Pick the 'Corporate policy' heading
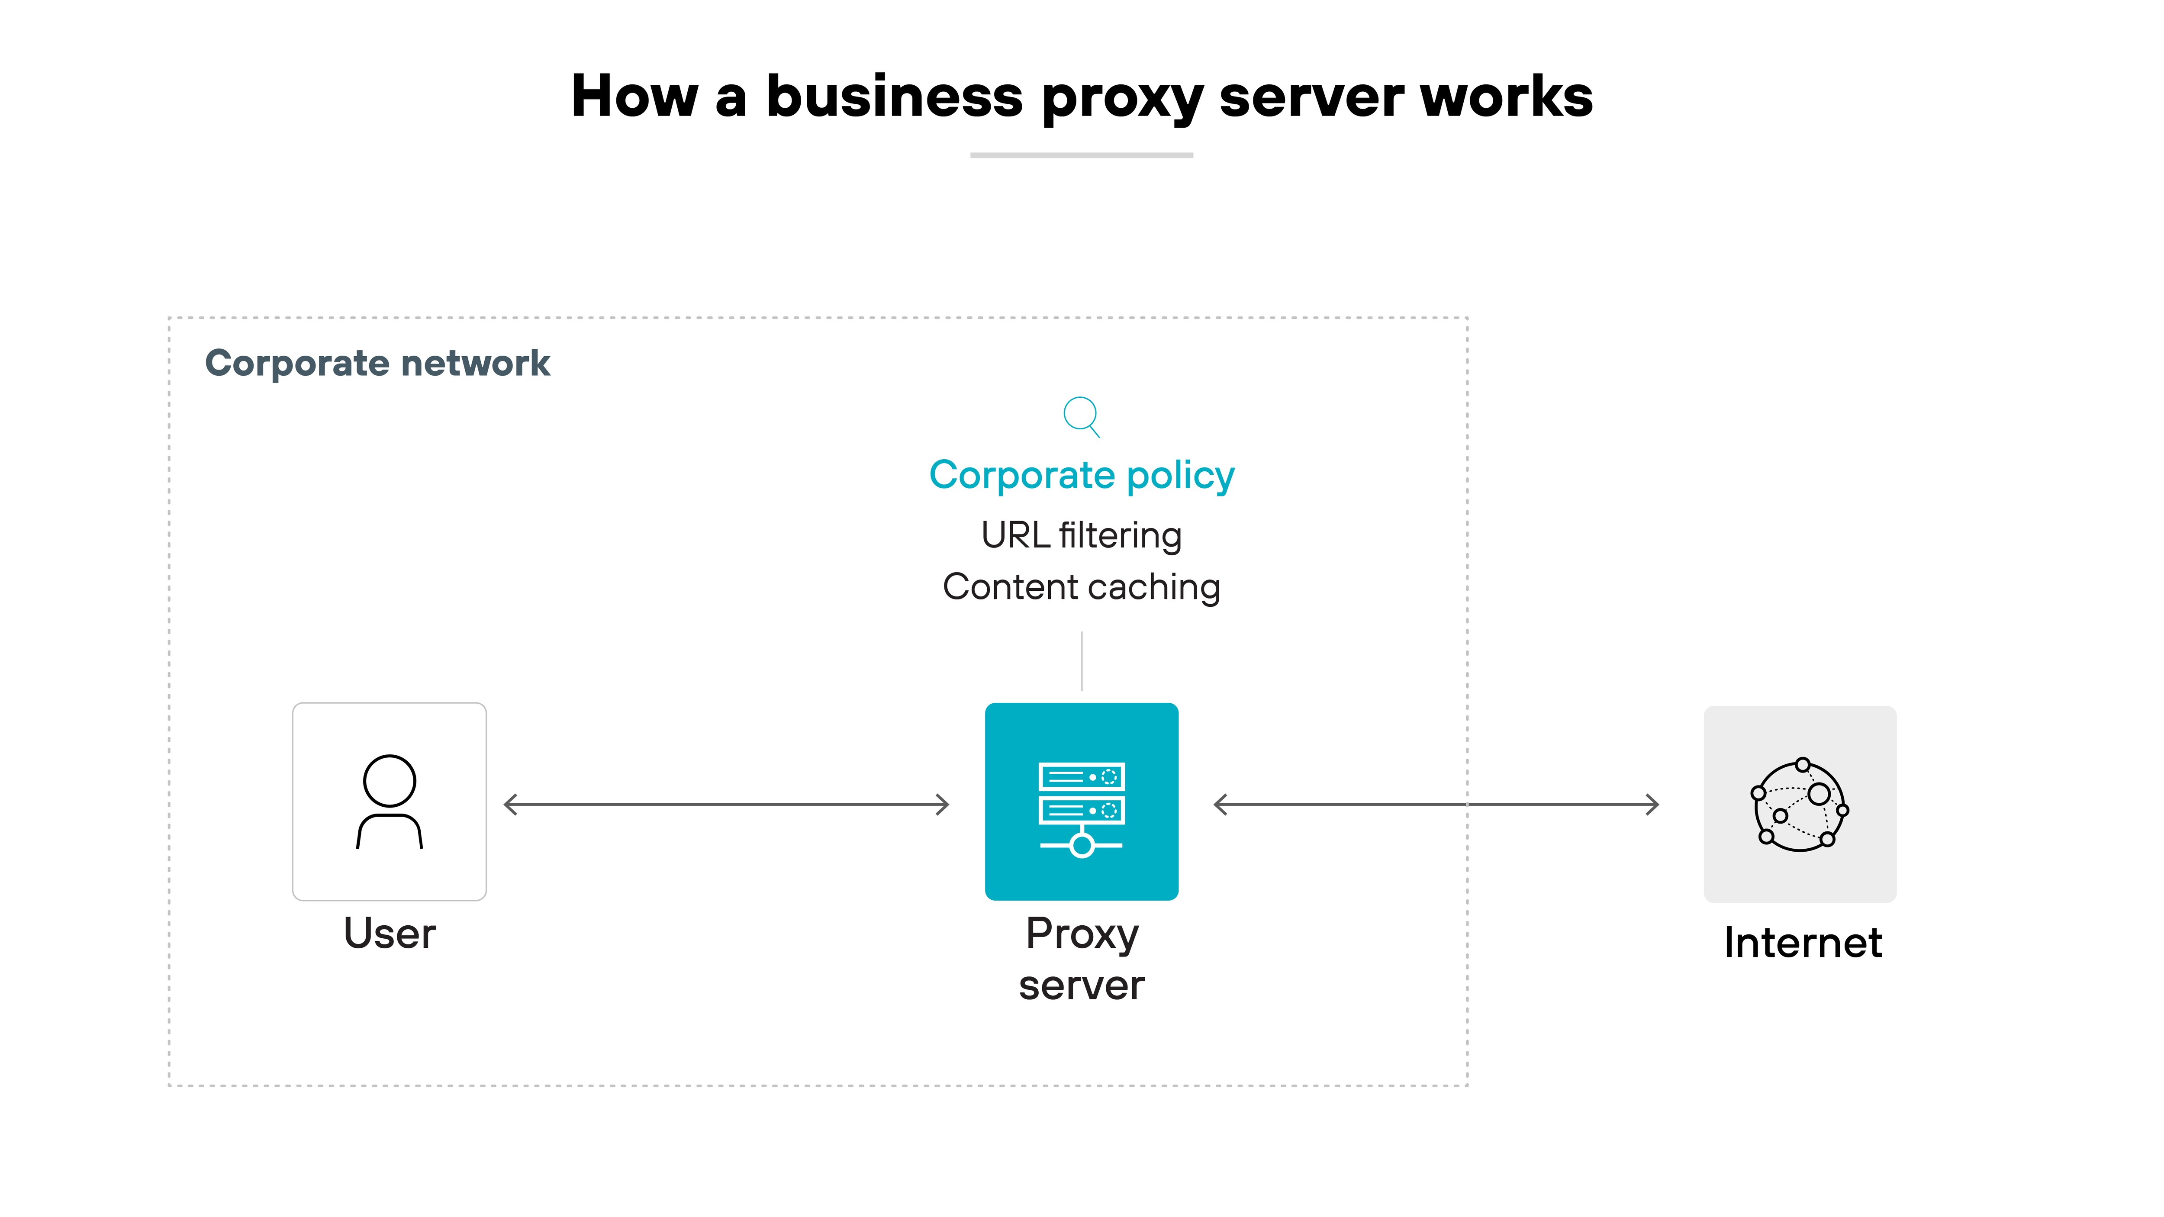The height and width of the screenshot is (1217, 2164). (1081, 475)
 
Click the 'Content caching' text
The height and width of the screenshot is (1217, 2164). (1081, 587)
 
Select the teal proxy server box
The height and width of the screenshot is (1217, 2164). (1081, 801)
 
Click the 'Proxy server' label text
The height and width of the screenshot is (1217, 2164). (1081, 959)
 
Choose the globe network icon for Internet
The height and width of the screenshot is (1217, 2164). (1800, 805)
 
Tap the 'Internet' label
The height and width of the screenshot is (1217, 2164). (1802, 942)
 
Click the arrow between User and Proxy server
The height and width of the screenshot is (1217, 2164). (726, 805)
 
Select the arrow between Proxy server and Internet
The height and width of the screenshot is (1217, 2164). (1436, 805)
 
